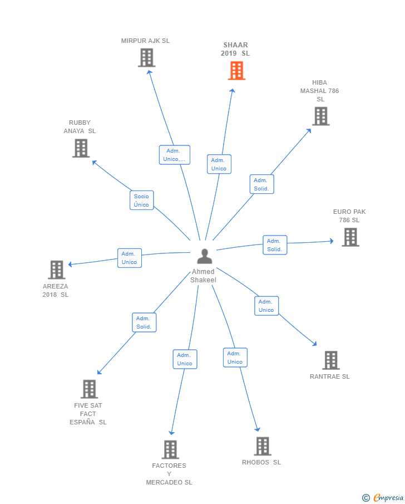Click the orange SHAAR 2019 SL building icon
click(x=236, y=71)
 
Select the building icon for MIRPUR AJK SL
click(x=146, y=58)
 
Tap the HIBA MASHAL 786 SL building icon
click(x=320, y=116)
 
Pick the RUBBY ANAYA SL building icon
click(x=81, y=148)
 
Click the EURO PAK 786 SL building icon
click(x=350, y=237)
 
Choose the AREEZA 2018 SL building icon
click(x=57, y=270)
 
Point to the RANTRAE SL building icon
click(x=330, y=360)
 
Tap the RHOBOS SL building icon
click(x=263, y=446)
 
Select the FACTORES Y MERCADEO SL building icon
click(x=170, y=449)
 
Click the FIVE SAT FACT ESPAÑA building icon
click(x=89, y=389)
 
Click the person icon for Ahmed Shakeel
click(x=205, y=257)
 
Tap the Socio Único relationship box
click(x=141, y=200)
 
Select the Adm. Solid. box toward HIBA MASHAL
click(x=261, y=184)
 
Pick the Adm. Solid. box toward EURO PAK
click(x=275, y=245)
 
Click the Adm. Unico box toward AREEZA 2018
click(x=130, y=258)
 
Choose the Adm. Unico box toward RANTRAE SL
click(x=266, y=306)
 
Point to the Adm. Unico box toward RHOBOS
click(x=235, y=358)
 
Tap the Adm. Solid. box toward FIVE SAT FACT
click(x=144, y=322)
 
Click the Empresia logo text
click(x=388, y=497)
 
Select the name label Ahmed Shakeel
click(x=203, y=276)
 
